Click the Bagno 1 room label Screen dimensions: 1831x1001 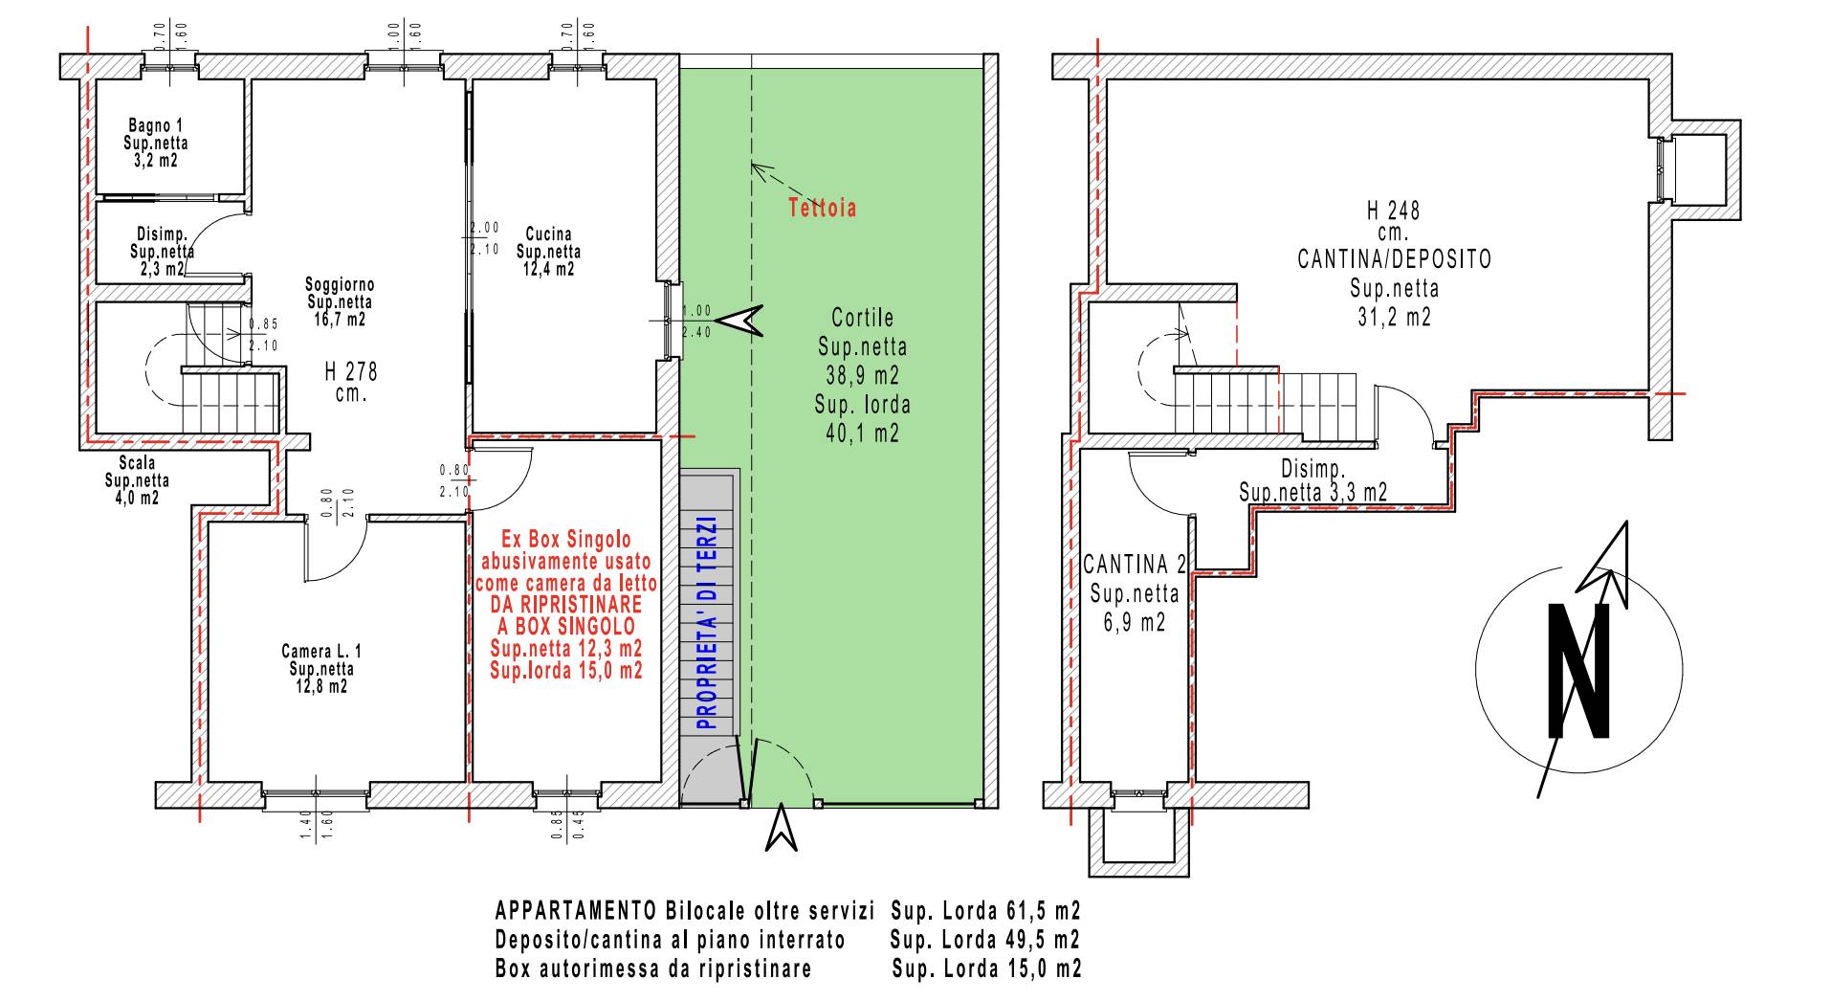click(156, 125)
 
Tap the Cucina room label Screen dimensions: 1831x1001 click(549, 234)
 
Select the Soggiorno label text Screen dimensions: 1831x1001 click(340, 284)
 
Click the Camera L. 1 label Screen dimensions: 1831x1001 click(321, 652)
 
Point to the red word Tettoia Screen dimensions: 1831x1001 click(823, 208)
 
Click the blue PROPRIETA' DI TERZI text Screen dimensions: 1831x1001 click(708, 624)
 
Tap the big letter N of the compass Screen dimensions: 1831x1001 click(1578, 671)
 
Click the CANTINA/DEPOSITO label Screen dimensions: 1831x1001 click(1394, 258)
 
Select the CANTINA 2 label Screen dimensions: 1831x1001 click(1135, 564)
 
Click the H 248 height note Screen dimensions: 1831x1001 click(1393, 211)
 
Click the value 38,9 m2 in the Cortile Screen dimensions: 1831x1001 click(863, 374)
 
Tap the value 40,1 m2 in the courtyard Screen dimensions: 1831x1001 click(862, 434)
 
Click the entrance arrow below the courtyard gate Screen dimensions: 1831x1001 click(782, 827)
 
